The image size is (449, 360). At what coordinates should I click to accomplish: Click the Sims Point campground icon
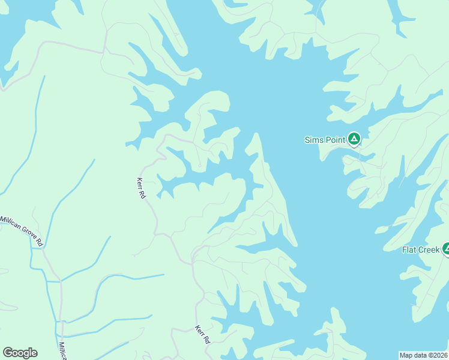(354, 140)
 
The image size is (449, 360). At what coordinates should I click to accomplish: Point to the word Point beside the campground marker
(335, 140)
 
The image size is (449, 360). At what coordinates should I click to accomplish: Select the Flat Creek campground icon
(446, 248)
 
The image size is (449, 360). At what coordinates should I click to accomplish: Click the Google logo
(20, 353)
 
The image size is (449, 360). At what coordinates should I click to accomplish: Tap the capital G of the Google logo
(7, 353)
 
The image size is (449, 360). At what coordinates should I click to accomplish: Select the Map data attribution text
(424, 355)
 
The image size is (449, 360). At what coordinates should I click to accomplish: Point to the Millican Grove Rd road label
(23, 230)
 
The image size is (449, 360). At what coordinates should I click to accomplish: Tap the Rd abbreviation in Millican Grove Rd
(40, 241)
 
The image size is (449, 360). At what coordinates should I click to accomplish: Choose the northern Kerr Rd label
(141, 188)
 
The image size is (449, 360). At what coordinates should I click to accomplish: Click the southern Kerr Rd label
(203, 334)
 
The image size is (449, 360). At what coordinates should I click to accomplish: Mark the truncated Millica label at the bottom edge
(62, 351)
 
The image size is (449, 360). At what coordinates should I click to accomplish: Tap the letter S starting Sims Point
(307, 140)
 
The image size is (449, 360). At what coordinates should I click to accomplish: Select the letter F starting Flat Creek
(404, 250)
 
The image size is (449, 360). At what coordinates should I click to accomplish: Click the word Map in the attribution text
(406, 355)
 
